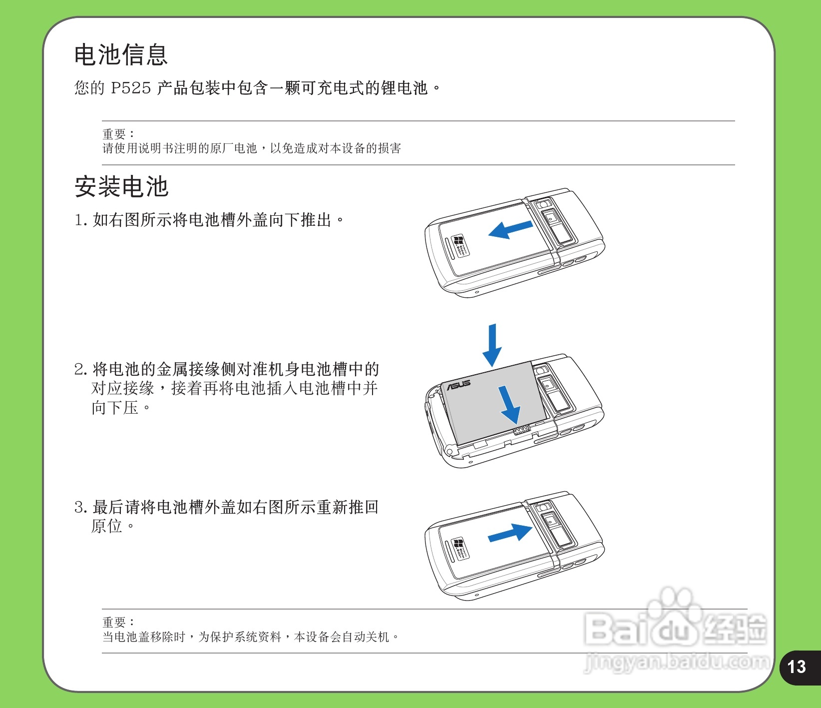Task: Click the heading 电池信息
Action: coord(121,55)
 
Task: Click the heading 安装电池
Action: coord(121,187)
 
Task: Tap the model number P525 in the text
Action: coord(131,88)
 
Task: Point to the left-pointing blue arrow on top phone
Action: coord(510,230)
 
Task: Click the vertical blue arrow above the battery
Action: coord(492,345)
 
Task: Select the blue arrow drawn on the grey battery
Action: coord(510,404)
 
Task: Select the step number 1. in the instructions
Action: coord(81,220)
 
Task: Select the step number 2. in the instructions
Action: coord(81,370)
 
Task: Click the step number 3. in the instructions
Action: coord(81,508)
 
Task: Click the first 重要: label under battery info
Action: coord(118,134)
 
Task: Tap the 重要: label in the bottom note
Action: coord(118,622)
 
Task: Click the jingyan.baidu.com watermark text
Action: coord(677,662)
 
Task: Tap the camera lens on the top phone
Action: coord(543,204)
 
